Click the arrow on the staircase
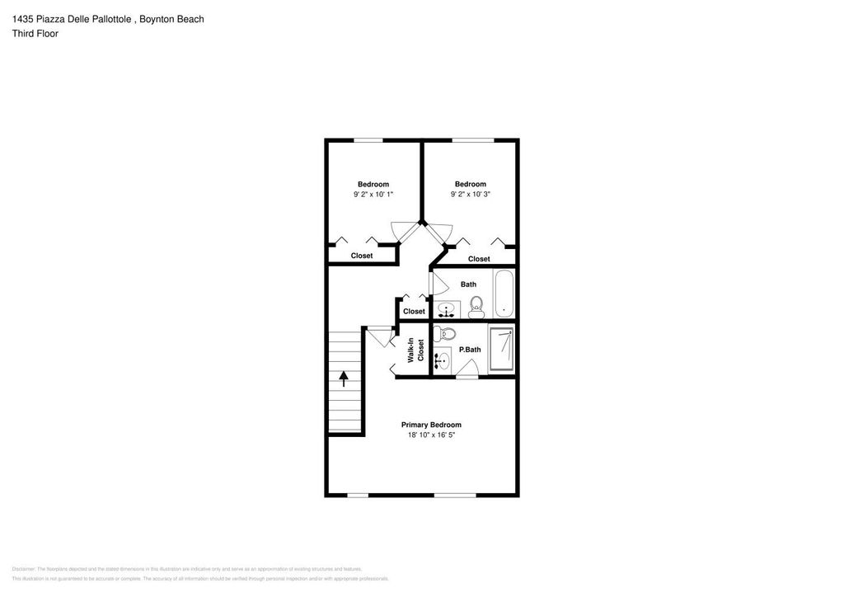pos(344,378)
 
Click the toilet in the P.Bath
pos(446,334)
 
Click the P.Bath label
pos(470,350)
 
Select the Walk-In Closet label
pos(415,350)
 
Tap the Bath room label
pos(468,284)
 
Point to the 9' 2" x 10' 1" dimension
pos(373,195)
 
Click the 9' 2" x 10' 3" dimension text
pos(471,195)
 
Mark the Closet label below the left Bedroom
pos(362,256)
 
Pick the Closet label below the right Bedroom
pos(479,259)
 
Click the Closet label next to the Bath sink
pos(414,312)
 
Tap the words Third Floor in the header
pos(35,34)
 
